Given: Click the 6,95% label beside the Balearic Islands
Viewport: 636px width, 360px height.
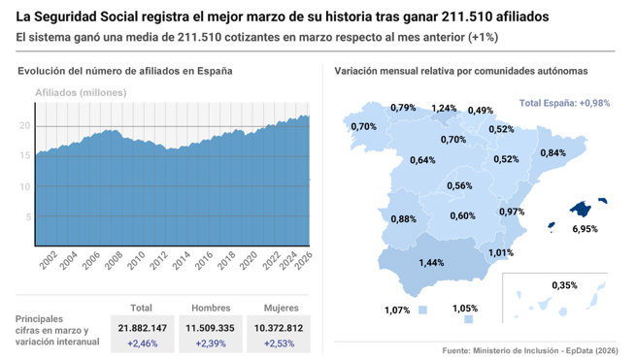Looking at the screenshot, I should (585, 229).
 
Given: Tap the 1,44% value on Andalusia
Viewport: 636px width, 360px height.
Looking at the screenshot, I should (431, 263).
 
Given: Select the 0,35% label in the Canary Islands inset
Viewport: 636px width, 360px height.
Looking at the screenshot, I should (564, 285).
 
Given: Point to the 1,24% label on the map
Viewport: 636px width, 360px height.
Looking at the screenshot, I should (444, 109).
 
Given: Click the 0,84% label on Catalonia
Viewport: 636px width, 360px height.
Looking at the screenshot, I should (552, 153).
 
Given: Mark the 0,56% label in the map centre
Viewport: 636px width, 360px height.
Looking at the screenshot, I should (459, 186).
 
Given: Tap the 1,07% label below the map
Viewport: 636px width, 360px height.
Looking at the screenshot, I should (396, 311).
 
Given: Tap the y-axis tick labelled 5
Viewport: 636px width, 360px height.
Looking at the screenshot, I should (27, 218).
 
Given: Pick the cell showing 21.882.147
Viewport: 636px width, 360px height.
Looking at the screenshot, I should (142, 329).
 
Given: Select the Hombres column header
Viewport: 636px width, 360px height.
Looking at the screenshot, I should (210, 308).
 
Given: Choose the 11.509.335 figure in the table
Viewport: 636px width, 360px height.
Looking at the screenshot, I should (210, 329).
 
